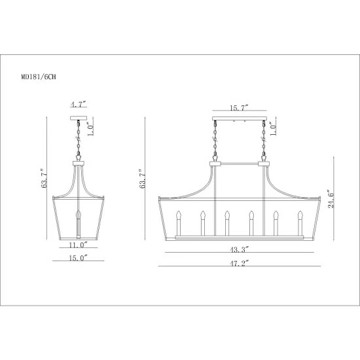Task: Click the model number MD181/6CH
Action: (39, 77)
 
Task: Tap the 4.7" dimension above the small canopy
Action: (79, 105)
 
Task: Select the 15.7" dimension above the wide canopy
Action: (239, 108)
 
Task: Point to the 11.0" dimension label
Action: (79, 245)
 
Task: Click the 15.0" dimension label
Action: (79, 258)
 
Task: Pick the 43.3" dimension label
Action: (240, 249)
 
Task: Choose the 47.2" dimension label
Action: (240, 263)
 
